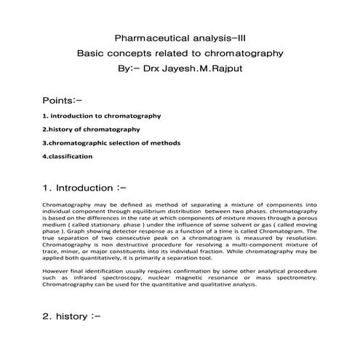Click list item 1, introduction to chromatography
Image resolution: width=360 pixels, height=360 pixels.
[x=102, y=116]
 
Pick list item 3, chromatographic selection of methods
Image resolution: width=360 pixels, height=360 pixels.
[x=111, y=143]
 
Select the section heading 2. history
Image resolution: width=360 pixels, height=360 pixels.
[x=71, y=317]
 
